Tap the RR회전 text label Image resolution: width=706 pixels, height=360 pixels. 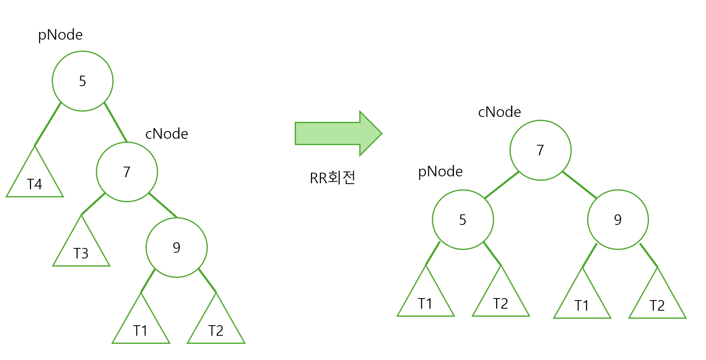(x=332, y=178)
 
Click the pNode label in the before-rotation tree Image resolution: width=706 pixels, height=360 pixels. (x=60, y=35)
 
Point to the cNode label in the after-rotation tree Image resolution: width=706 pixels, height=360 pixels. (x=499, y=112)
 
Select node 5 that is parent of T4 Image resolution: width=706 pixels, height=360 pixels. (x=82, y=81)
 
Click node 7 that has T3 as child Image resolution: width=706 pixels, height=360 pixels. (x=127, y=172)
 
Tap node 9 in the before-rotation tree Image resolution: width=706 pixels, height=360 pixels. (x=177, y=248)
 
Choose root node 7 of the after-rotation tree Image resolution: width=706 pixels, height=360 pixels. (x=541, y=150)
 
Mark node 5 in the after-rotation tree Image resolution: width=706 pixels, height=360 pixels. (x=463, y=220)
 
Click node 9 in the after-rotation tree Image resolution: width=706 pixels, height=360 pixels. (x=618, y=220)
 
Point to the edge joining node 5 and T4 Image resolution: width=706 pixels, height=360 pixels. (x=48, y=124)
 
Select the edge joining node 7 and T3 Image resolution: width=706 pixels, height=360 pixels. (x=93, y=204)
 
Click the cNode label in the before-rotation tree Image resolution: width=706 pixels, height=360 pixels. (x=167, y=134)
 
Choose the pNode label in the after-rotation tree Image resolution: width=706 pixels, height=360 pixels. (x=440, y=172)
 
